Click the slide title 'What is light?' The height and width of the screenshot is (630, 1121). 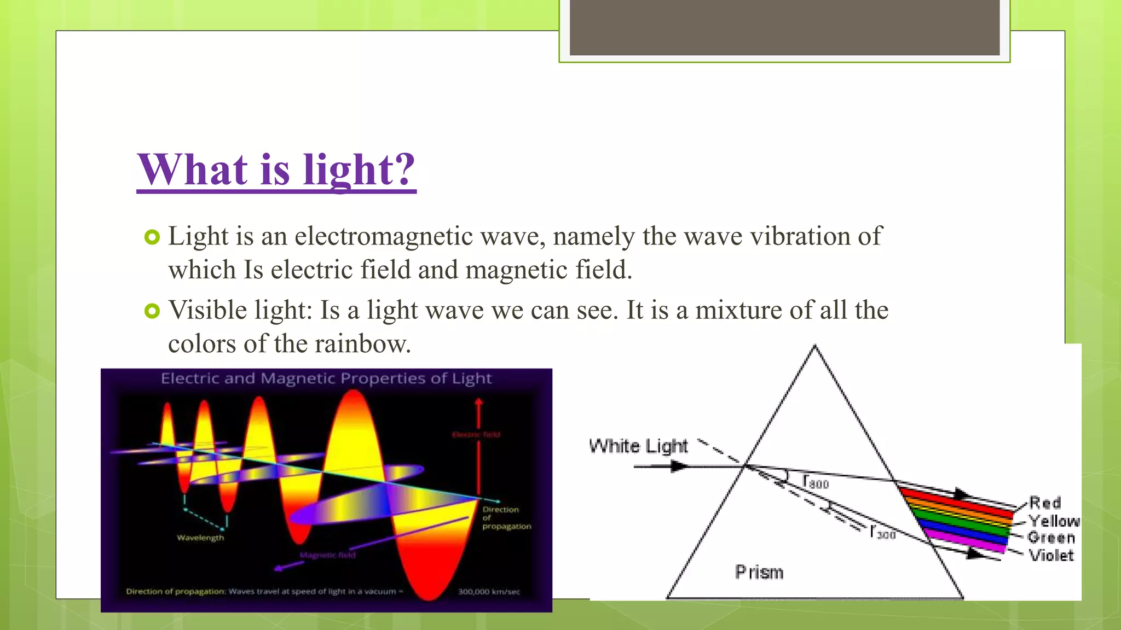coord(276,170)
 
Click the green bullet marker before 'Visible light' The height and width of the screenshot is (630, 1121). coord(152,311)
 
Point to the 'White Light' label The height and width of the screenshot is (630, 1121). coord(638,446)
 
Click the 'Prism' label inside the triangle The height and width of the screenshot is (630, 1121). coord(759,572)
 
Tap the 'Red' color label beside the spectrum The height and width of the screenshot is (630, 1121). coord(1045,503)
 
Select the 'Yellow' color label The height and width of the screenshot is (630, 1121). coord(1054,521)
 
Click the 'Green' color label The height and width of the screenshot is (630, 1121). coord(1051,538)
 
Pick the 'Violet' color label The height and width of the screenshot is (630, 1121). coord(1051,556)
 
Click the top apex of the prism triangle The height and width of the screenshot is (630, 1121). coord(814,346)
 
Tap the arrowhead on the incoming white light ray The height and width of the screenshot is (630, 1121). coord(679,466)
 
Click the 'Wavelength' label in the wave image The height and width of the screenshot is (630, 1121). coord(200,538)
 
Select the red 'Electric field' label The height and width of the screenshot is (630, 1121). coord(476,435)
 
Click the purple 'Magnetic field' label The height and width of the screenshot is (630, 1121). coord(328,555)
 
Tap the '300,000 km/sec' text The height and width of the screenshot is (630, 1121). coord(489,591)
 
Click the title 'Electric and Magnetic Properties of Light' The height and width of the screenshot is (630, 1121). coord(326,378)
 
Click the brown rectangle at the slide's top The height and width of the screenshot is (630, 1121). coord(784,27)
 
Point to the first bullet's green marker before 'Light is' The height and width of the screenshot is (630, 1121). coord(152,237)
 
